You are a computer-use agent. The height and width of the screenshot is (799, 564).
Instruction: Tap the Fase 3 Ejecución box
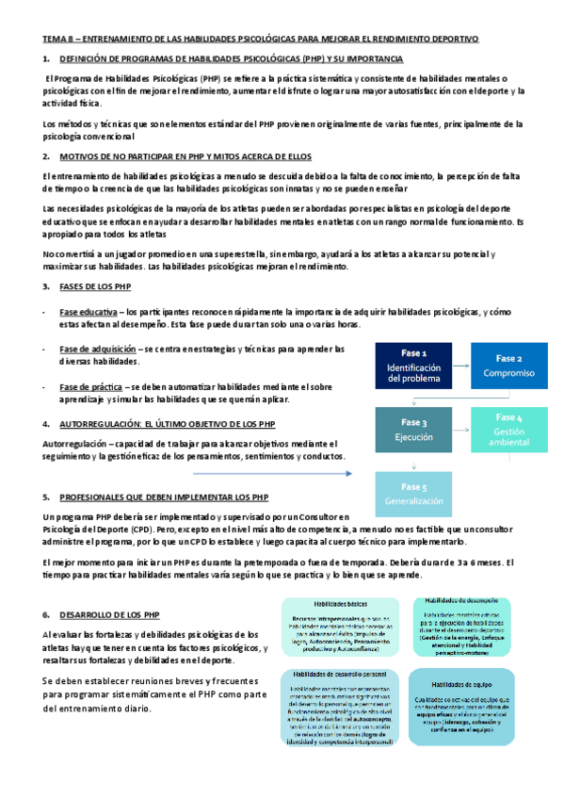pos(413,430)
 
